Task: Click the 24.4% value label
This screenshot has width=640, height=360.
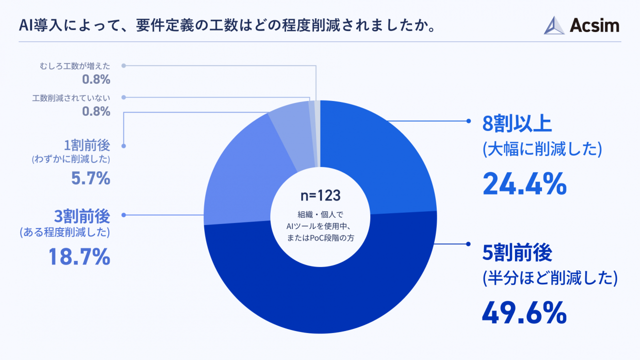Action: [x=525, y=184]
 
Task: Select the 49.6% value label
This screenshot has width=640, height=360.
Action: [x=525, y=311]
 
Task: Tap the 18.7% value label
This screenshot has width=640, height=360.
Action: [x=79, y=257]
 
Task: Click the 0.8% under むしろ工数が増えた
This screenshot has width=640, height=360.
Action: [x=96, y=79]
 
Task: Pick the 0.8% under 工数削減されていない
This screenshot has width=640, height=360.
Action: [x=96, y=111]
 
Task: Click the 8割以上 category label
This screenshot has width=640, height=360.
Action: [x=517, y=125]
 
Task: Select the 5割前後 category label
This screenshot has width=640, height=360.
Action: [x=517, y=252]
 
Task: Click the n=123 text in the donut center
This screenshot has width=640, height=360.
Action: [x=320, y=196]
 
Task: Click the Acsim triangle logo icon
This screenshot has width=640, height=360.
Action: [x=554, y=25]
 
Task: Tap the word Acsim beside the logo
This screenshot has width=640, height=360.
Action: [x=594, y=25]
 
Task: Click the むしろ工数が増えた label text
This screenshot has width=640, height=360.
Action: [x=75, y=65]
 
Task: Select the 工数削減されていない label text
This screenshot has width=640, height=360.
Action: [x=71, y=98]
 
